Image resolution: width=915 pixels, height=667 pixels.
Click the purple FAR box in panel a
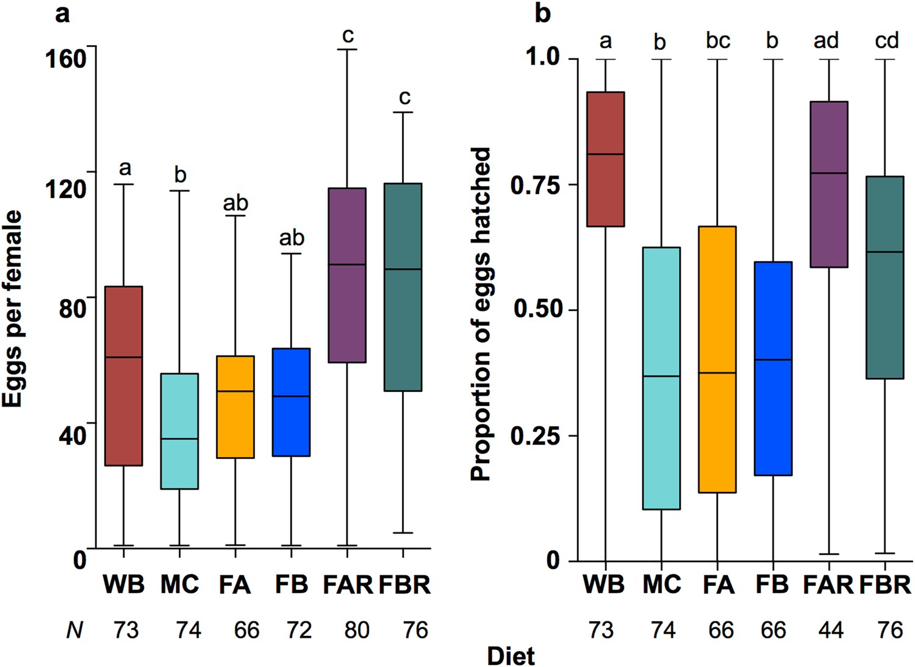[346, 275]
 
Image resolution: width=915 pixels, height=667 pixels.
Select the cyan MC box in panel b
[661, 378]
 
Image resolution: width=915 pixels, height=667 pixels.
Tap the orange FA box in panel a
[235, 407]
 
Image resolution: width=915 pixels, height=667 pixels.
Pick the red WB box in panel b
[605, 159]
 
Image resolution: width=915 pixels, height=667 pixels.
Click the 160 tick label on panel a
[65, 59]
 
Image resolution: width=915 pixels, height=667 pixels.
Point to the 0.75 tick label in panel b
[536, 185]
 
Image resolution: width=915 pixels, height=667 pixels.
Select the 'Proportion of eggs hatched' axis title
[481, 314]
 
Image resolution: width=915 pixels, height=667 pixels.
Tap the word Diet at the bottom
[511, 656]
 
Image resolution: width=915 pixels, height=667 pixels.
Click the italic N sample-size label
[74, 629]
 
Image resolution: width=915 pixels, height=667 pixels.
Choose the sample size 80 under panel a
[356, 629]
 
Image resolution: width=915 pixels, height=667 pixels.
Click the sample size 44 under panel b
[830, 629]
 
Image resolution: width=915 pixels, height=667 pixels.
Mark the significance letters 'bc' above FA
[718, 40]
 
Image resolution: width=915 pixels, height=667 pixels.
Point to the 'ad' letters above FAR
[827, 40]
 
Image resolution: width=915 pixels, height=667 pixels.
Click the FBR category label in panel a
[405, 585]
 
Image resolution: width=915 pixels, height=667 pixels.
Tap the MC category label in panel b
[662, 585]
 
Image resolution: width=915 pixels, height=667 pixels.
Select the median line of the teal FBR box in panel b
[884, 252]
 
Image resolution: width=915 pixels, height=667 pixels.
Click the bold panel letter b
[542, 13]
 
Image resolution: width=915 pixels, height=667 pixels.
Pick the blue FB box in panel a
[291, 402]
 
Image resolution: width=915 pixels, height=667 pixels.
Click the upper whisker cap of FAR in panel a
[346, 49]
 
